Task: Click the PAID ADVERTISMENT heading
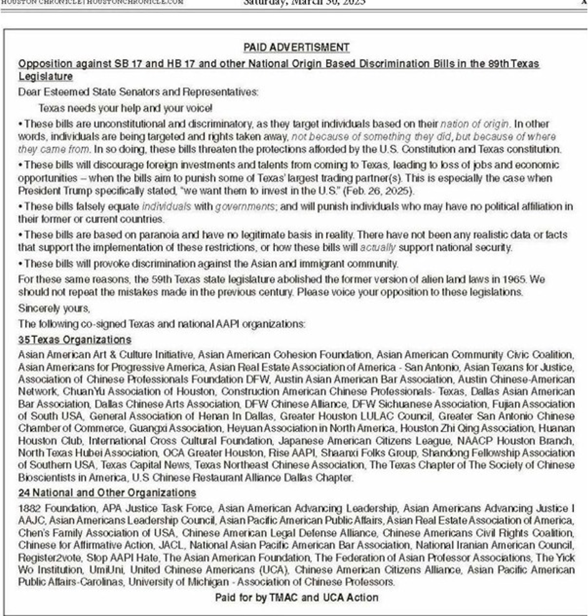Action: (296, 47)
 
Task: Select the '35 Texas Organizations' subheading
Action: (75, 339)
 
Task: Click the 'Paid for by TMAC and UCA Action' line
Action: (297, 597)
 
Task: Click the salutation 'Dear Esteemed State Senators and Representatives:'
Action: (138, 92)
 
